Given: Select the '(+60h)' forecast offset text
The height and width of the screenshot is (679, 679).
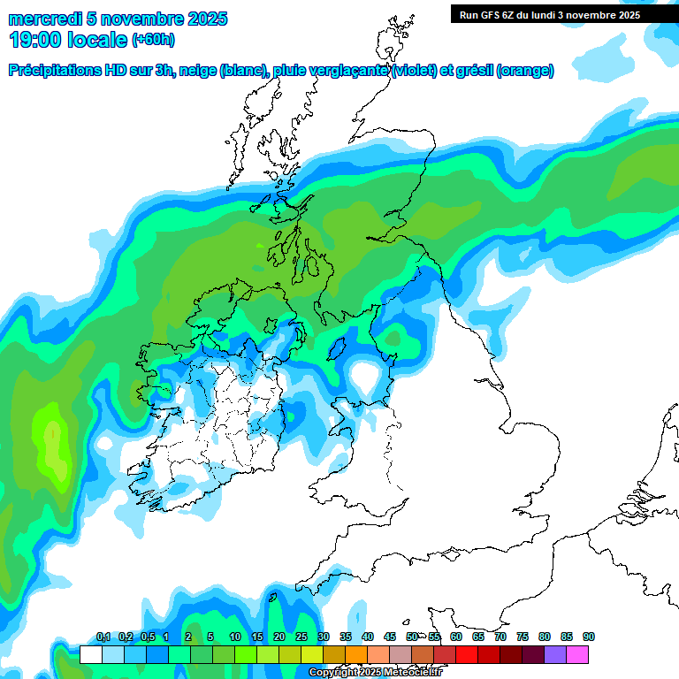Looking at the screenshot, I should pyautogui.click(x=153, y=40).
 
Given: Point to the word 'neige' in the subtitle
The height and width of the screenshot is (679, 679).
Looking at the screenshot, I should pyautogui.click(x=199, y=71).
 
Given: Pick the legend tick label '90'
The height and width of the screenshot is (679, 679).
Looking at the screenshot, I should pyautogui.click(x=588, y=637).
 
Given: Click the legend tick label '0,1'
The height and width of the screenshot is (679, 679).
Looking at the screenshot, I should pyautogui.click(x=103, y=637).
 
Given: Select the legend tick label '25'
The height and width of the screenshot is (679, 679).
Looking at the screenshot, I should pyautogui.click(x=301, y=637).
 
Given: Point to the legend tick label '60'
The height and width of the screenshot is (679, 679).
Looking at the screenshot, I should pyautogui.click(x=455, y=637).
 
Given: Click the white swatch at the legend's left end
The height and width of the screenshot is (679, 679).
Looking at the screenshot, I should pyautogui.click(x=90, y=654).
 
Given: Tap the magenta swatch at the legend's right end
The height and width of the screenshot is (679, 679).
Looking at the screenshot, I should pyautogui.click(x=577, y=654).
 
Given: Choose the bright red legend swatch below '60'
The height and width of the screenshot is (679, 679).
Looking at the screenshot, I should pyautogui.click(x=467, y=654).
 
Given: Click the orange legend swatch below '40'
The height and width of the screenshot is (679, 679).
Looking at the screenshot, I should pyautogui.click(x=356, y=654).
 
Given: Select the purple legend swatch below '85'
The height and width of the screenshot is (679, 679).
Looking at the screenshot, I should pyautogui.click(x=555, y=654).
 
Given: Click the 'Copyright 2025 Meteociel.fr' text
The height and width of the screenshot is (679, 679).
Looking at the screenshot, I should pyautogui.click(x=375, y=672).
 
